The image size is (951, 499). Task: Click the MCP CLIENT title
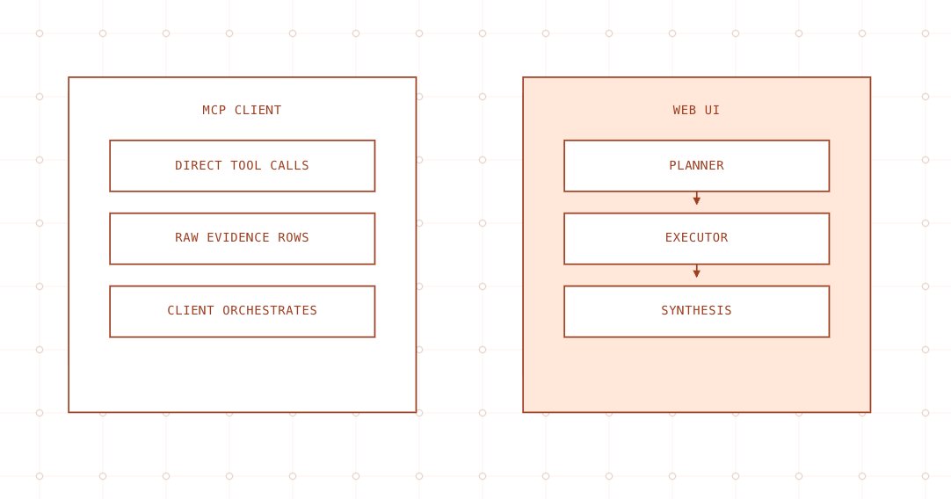click(x=242, y=111)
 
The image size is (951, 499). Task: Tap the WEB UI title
click(x=696, y=111)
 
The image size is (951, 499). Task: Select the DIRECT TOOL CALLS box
click(x=242, y=166)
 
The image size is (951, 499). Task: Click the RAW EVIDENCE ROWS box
click(x=242, y=239)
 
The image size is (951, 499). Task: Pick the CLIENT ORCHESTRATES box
click(x=242, y=312)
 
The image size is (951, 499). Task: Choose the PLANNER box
click(x=696, y=166)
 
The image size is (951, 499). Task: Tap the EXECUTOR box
click(x=696, y=239)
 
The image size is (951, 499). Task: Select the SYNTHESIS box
click(x=696, y=312)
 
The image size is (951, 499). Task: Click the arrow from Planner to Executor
click(x=696, y=199)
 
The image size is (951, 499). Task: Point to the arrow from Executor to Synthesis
click(x=696, y=271)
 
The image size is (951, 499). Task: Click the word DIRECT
click(x=199, y=165)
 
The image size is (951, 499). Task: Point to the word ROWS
click(x=293, y=238)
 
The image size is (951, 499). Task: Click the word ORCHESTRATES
click(x=269, y=310)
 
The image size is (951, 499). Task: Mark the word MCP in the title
click(x=214, y=111)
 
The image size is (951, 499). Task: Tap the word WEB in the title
click(x=684, y=111)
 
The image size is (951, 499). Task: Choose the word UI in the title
click(x=712, y=111)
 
